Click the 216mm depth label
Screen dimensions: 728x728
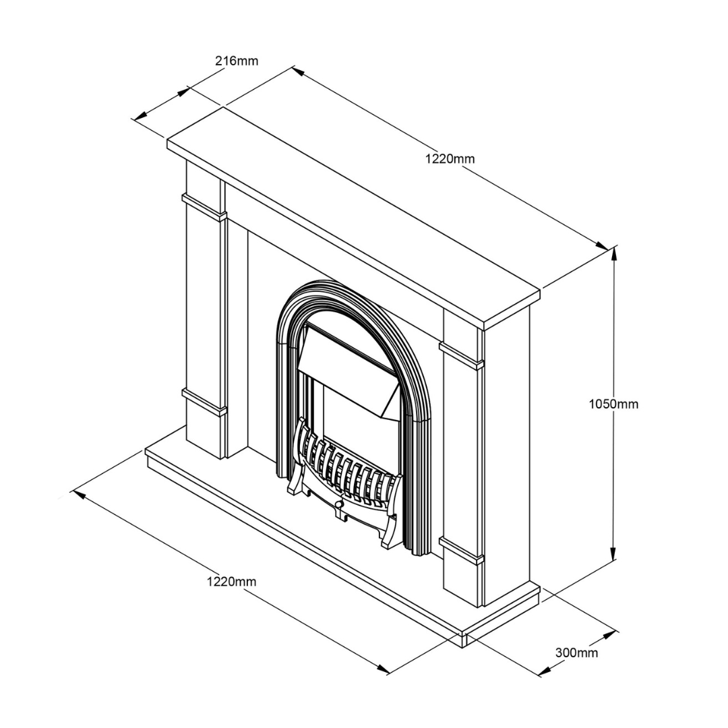(x=236, y=61)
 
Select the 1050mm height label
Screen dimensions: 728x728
(x=613, y=404)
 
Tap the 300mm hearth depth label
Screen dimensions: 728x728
(x=576, y=653)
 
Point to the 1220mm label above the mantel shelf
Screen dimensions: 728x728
(x=450, y=159)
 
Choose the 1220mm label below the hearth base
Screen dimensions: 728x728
(x=231, y=581)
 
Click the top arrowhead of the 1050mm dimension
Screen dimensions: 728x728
(x=614, y=251)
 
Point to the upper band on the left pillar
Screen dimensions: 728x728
(x=204, y=207)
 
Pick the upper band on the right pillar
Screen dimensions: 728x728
(x=462, y=355)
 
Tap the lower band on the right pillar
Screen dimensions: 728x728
(x=462, y=549)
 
